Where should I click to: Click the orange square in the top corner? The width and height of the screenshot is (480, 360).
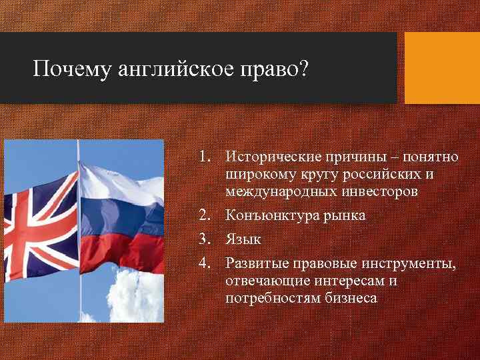442,68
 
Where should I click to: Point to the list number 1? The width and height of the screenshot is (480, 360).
204,157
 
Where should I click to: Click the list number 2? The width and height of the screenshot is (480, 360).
204,215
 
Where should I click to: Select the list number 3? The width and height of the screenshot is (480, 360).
204,239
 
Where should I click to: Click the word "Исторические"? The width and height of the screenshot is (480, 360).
273,157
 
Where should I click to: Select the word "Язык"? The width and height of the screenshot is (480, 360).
243,239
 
